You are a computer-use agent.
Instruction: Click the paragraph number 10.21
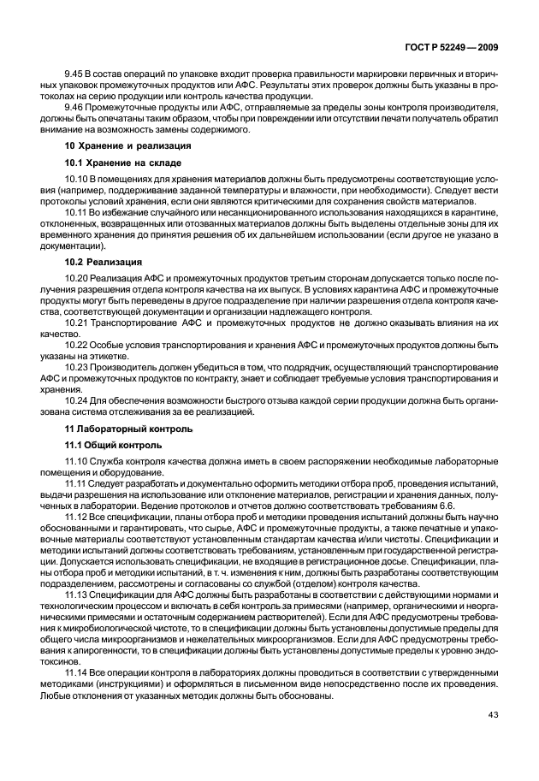78,323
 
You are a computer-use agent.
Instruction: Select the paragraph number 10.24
78,402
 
